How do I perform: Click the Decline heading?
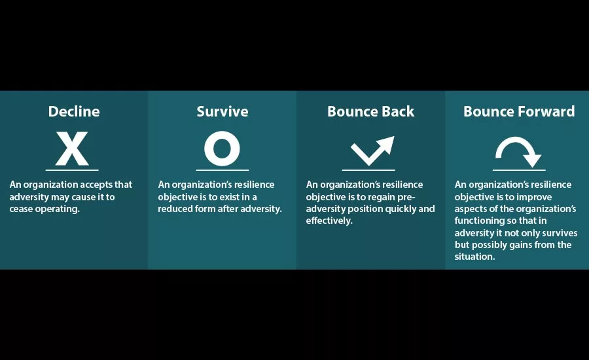(74, 111)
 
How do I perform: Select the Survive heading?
(223, 111)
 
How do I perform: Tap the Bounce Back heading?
(371, 111)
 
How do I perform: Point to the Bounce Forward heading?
(519, 111)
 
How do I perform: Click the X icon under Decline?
(72, 149)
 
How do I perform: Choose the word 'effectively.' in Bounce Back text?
(329, 221)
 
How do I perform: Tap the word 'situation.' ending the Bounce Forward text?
(475, 257)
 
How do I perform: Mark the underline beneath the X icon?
(72, 170)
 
